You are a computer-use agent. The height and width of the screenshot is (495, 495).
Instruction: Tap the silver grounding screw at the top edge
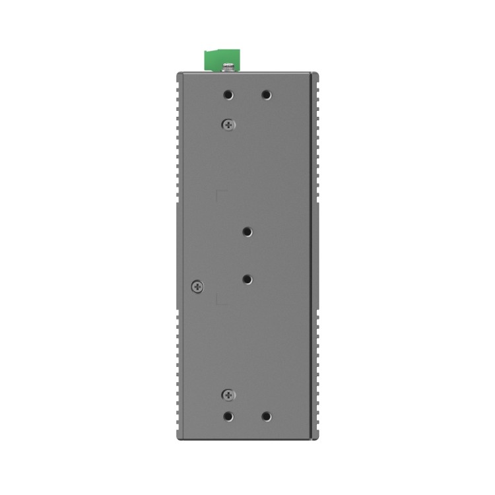[x=228, y=66]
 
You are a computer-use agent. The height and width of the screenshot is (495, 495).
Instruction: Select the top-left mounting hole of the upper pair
[x=228, y=95]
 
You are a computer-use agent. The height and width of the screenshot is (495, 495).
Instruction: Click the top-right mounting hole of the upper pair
[x=267, y=95]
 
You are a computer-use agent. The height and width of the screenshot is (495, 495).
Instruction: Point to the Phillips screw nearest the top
[x=228, y=123]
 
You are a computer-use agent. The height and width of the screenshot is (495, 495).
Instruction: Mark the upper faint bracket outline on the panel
[x=222, y=195]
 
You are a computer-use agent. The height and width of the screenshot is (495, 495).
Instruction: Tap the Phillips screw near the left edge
[x=196, y=286]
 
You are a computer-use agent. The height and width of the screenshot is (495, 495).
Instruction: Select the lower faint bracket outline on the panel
[x=222, y=300]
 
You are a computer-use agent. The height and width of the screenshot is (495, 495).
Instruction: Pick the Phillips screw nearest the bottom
[x=228, y=395]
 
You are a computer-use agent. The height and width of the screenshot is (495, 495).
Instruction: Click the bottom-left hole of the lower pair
[x=228, y=416]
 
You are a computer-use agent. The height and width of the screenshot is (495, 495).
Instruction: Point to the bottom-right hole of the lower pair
[x=267, y=416]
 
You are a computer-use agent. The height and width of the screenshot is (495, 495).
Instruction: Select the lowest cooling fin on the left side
[x=178, y=432]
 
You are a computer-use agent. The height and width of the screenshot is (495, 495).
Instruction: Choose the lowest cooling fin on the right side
[x=317, y=432]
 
